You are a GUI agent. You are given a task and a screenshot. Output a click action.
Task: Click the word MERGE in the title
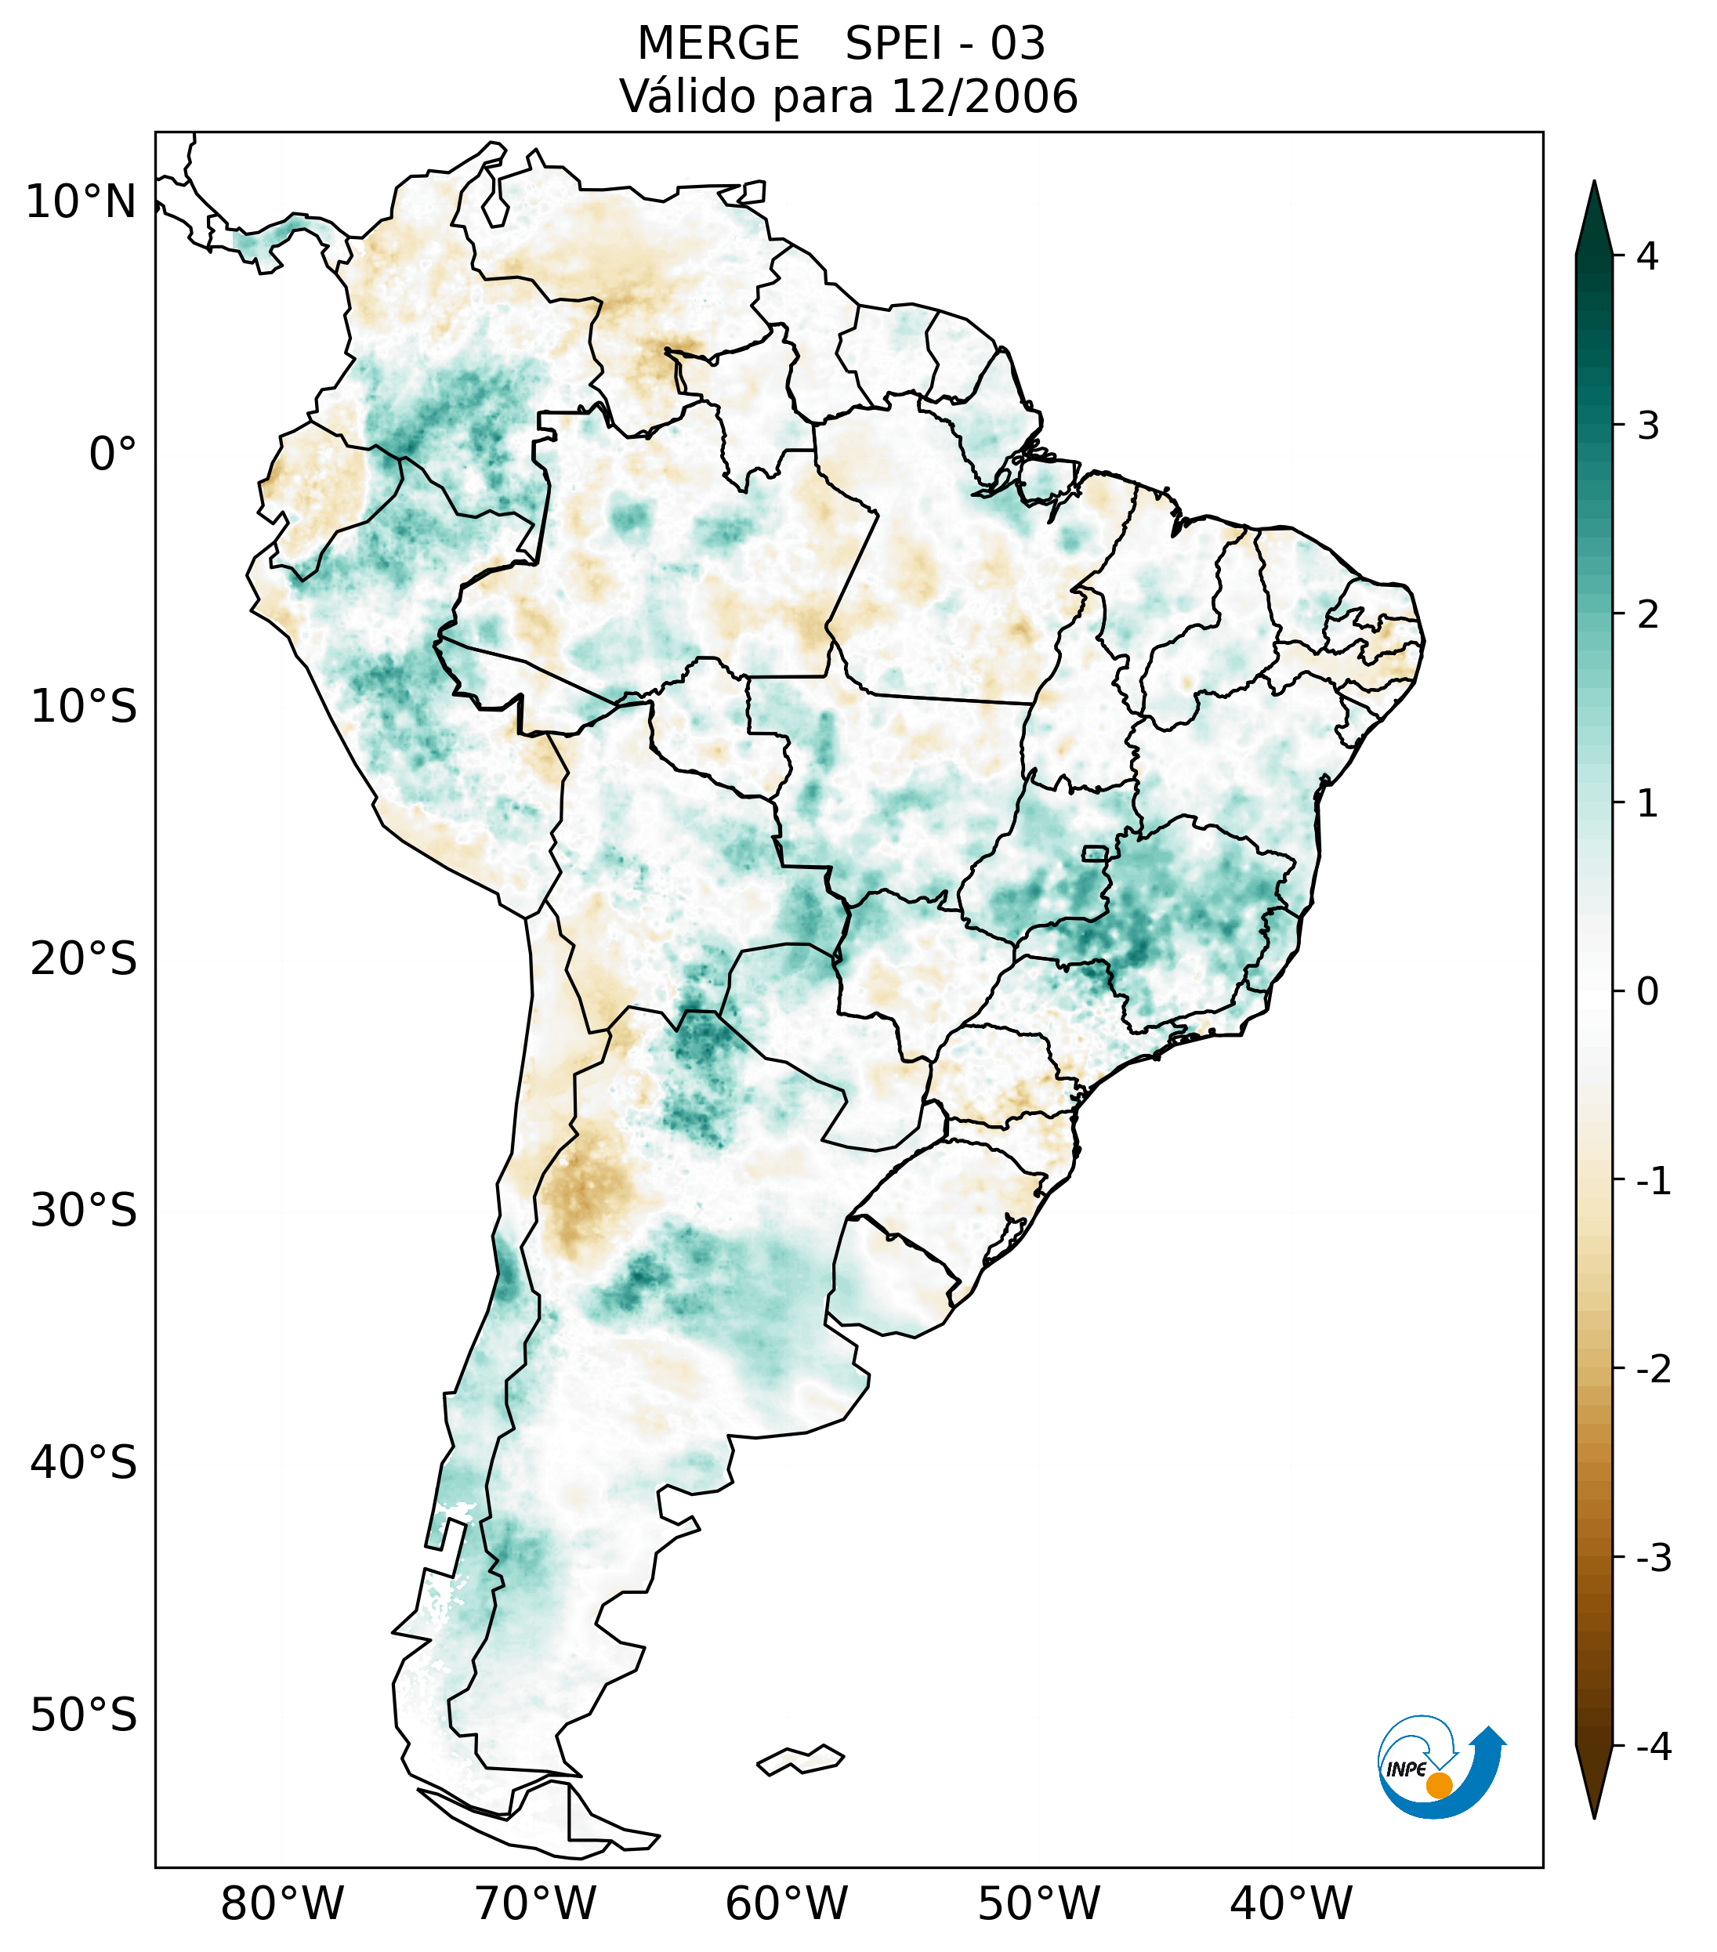point(717,44)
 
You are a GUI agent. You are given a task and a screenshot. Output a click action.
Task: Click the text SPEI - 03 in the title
point(945,44)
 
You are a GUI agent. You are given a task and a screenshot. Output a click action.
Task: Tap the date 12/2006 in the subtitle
point(983,96)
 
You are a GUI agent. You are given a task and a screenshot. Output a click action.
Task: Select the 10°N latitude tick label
point(80,202)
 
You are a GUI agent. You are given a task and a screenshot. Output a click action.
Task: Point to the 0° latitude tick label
point(112,455)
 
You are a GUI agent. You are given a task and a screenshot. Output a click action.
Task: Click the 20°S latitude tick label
point(83,959)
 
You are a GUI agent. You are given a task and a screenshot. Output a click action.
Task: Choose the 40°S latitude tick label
point(83,1463)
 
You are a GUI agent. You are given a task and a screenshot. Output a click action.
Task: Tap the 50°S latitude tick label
point(83,1716)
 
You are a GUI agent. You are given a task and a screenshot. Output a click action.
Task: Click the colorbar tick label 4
point(1646,256)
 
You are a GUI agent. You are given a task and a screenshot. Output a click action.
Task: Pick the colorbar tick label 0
point(1646,992)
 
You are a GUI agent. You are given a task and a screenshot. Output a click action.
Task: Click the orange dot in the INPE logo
point(1438,1785)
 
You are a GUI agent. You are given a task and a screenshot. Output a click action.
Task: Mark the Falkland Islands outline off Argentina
point(800,1759)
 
